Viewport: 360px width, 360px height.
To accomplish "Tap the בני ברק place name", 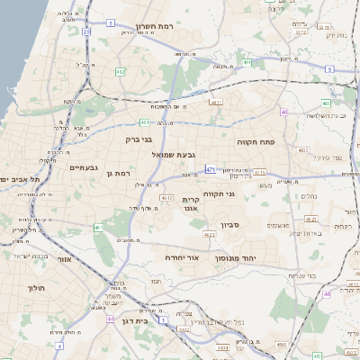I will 138,139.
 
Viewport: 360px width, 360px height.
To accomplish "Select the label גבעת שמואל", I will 162,155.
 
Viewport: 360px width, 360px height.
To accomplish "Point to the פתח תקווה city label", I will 256,142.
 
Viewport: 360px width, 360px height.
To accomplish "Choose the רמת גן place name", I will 118,173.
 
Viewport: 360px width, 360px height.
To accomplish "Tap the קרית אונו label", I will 190,203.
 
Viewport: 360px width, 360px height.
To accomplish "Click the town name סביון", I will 229,225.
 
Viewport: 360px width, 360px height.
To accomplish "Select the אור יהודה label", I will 182,257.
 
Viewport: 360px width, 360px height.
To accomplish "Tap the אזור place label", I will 64,260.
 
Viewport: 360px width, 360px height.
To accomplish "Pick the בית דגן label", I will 133,320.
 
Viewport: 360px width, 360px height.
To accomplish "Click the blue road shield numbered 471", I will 210,168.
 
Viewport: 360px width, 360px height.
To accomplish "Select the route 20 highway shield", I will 87,31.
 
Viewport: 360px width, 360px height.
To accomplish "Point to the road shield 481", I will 145,121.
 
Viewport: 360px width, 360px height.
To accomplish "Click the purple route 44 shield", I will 109,319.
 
